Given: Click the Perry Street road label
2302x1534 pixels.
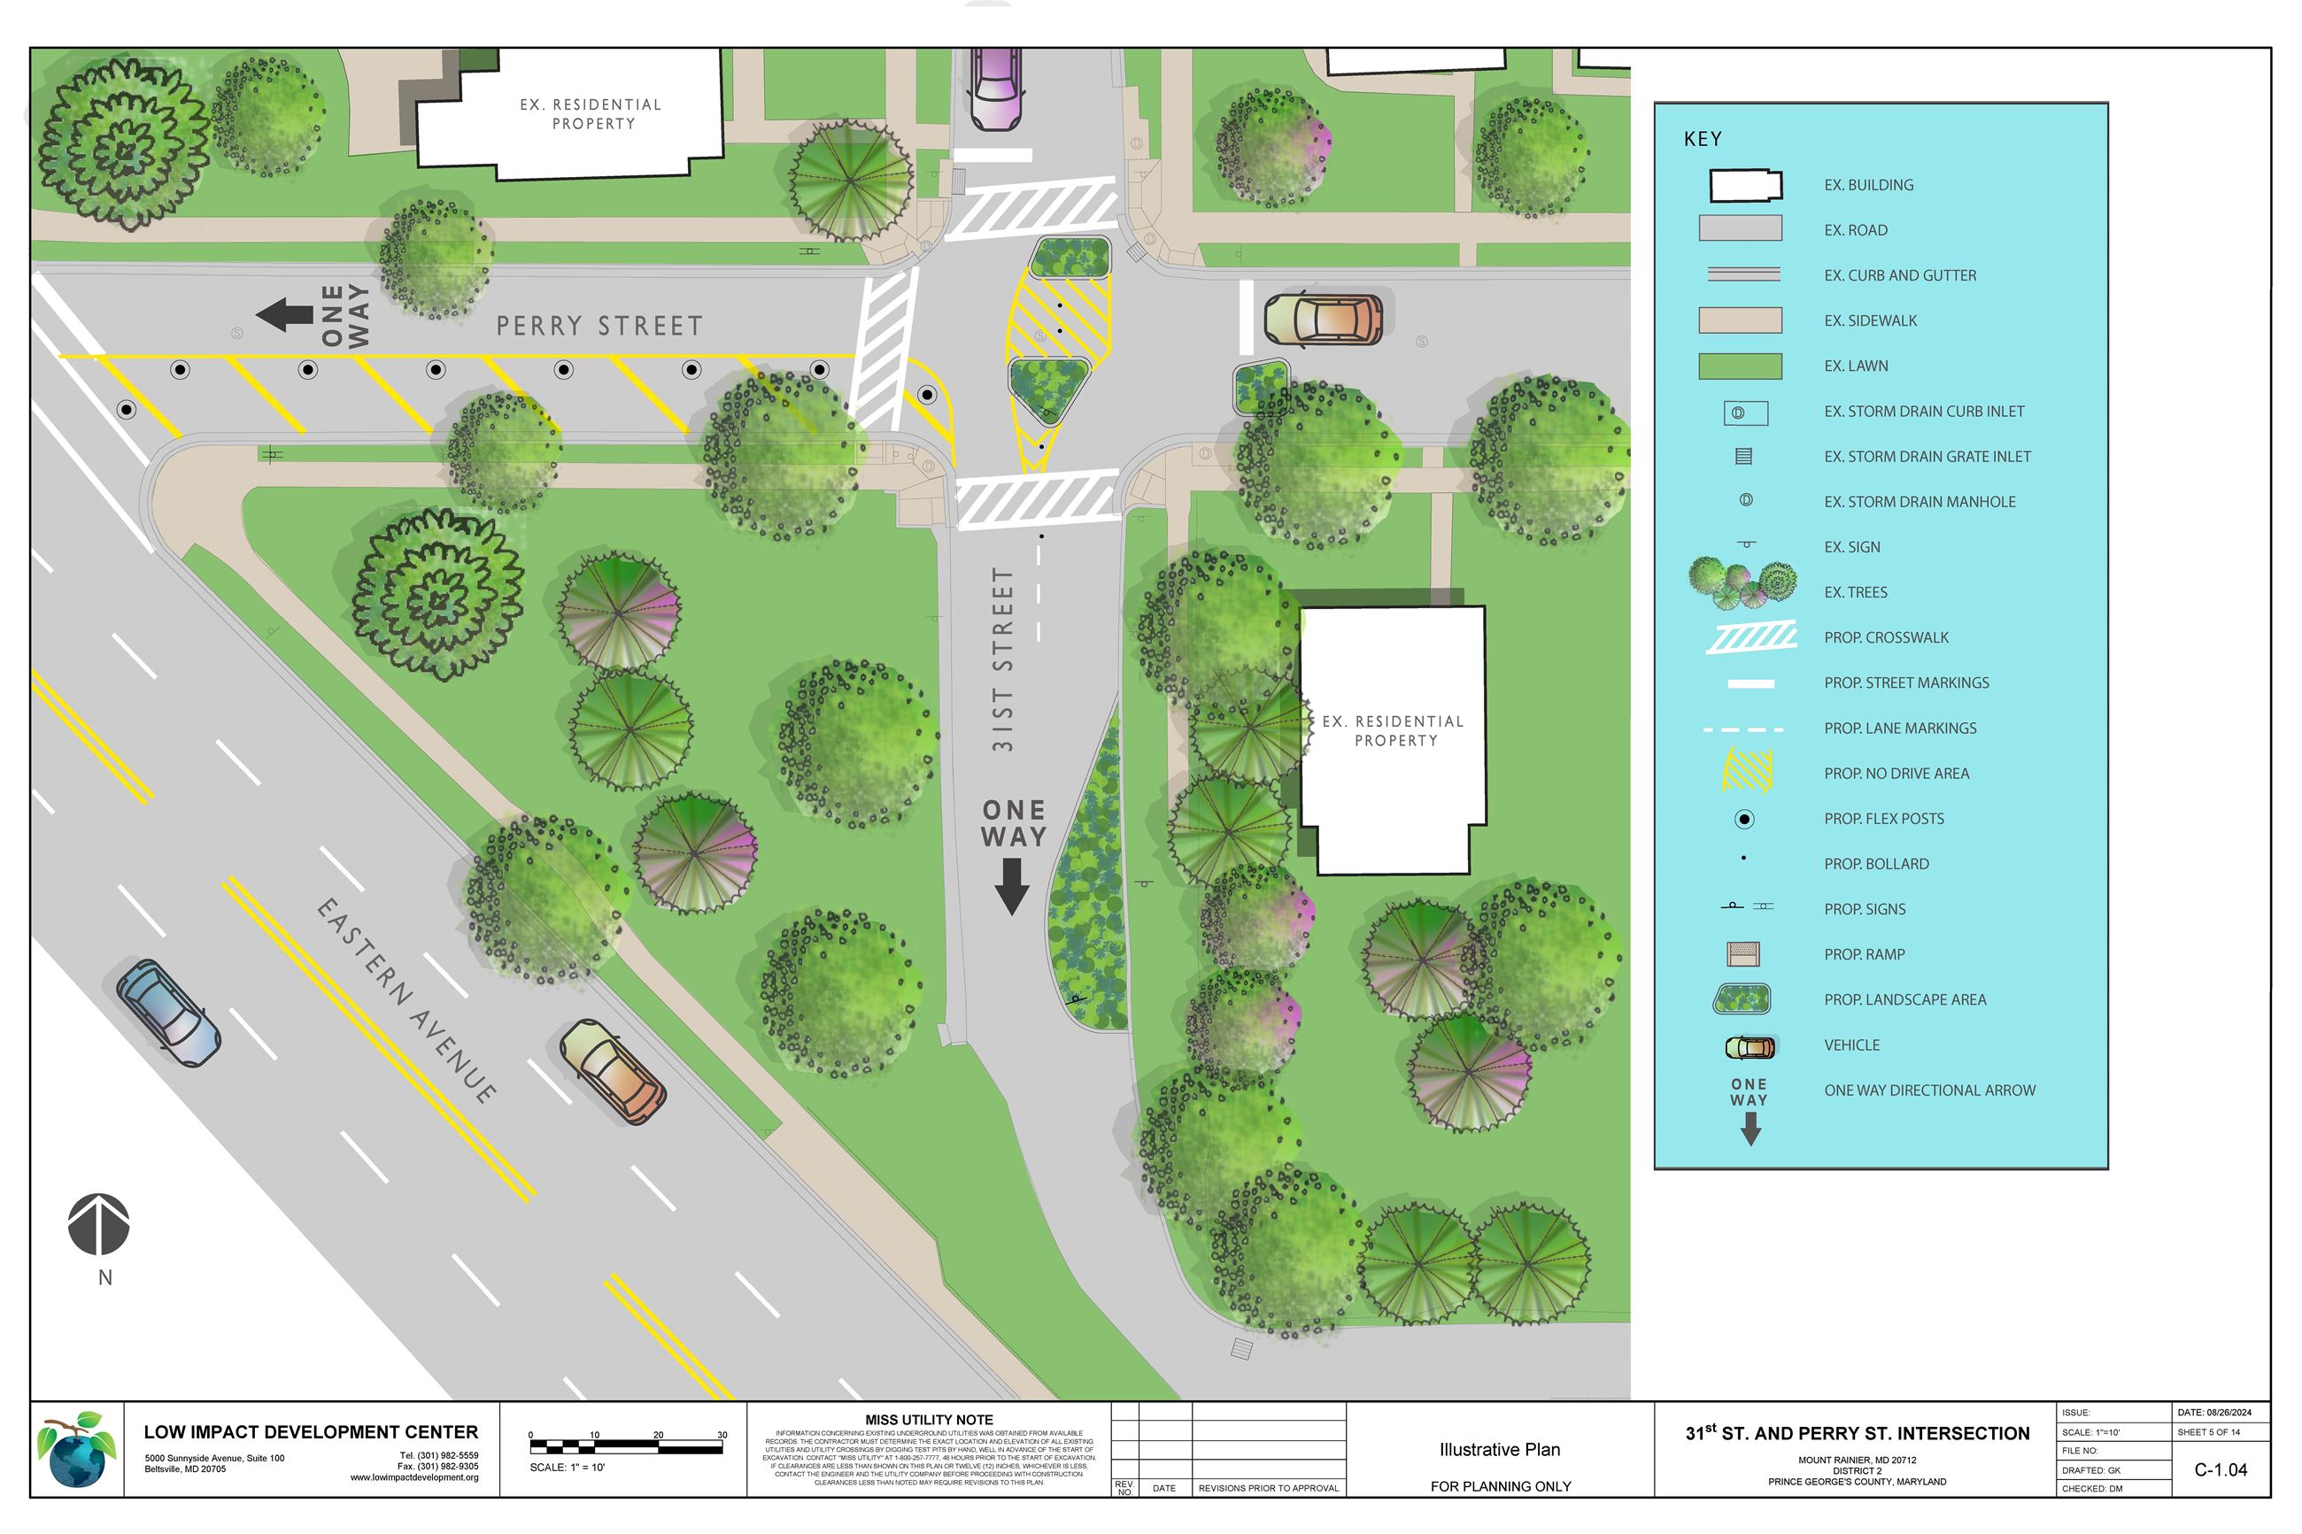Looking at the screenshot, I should click(x=599, y=326).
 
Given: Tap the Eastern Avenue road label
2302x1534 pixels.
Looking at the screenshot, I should click(x=406, y=1000).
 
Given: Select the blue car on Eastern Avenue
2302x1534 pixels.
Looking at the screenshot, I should click(x=167, y=1013).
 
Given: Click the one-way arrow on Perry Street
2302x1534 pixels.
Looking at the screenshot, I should click(x=283, y=315).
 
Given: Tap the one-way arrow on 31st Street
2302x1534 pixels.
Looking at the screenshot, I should click(x=1012, y=885).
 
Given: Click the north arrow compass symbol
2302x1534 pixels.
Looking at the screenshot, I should click(x=99, y=1224).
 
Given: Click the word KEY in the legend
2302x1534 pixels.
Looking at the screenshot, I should click(x=1703, y=139).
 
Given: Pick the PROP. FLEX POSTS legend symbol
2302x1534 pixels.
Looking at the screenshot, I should click(x=1743, y=819).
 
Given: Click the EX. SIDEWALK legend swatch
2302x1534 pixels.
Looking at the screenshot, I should click(x=1740, y=320).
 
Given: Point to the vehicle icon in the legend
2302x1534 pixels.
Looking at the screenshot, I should click(x=1750, y=1048).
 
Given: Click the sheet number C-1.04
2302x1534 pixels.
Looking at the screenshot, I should click(x=2221, y=1469).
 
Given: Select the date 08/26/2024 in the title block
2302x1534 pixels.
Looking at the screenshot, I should click(x=2215, y=1413).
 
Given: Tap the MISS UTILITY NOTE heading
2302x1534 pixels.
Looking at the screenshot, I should click(x=929, y=1420).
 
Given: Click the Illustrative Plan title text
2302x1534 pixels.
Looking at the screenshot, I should click(x=1499, y=1449).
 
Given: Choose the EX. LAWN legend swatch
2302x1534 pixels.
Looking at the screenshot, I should click(x=1740, y=366).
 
